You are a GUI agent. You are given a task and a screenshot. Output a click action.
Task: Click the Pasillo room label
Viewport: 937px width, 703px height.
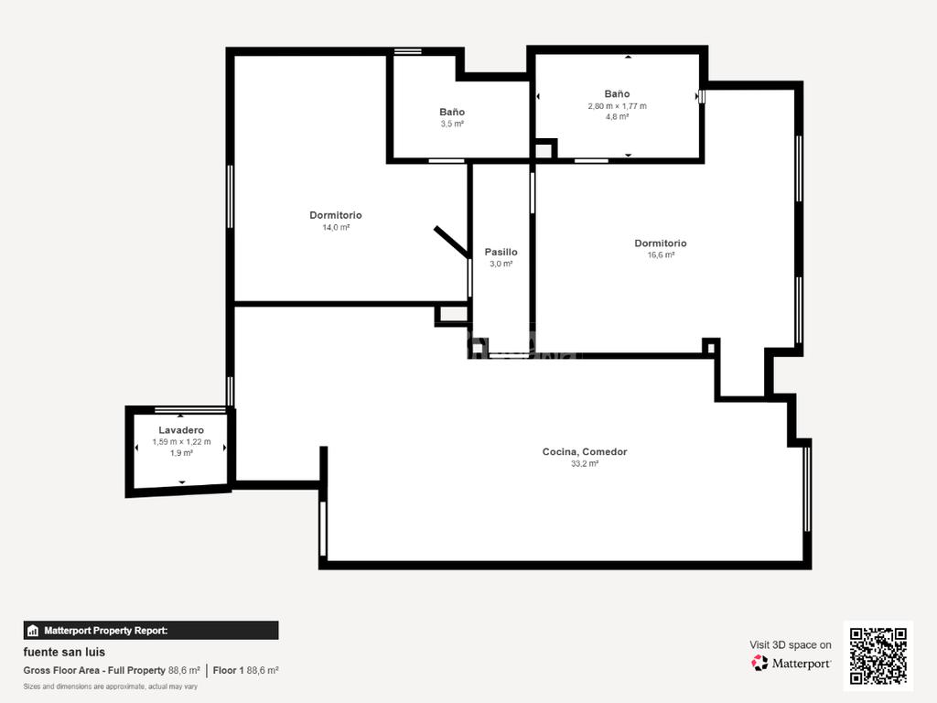pyautogui.click(x=501, y=253)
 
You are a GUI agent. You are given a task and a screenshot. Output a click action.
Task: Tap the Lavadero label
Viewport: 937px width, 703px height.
pyautogui.click(x=181, y=430)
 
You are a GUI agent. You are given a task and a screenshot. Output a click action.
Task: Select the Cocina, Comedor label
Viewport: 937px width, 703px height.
pyautogui.click(x=585, y=452)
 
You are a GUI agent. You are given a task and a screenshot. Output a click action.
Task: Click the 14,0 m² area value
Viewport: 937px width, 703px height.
pyautogui.click(x=336, y=227)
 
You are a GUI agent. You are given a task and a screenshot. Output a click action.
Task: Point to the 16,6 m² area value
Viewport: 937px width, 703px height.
pyautogui.click(x=661, y=254)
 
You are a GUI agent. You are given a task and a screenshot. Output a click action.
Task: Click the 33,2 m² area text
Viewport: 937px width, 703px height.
pyautogui.click(x=585, y=464)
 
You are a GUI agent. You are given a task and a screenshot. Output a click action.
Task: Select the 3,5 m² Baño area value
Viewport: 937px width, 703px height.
pyautogui.click(x=452, y=124)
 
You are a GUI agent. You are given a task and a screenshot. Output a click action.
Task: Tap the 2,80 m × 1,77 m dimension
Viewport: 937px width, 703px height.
pyautogui.click(x=617, y=106)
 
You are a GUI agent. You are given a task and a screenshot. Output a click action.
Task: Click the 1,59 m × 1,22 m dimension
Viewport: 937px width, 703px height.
pyautogui.click(x=181, y=442)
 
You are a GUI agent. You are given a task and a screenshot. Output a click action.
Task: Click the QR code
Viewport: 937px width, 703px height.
pyautogui.click(x=878, y=655)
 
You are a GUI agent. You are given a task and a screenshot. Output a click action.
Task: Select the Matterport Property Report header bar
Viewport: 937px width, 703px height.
pyautogui.click(x=151, y=630)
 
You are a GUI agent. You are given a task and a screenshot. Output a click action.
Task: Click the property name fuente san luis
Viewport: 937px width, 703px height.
pyautogui.click(x=64, y=652)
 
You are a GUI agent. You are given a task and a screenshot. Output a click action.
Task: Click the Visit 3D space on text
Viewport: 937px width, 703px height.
pyautogui.click(x=790, y=645)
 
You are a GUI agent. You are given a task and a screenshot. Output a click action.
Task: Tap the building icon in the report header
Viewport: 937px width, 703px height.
pyautogui.click(x=33, y=630)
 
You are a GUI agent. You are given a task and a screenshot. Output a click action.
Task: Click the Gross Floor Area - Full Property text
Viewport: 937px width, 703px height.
pyautogui.click(x=94, y=671)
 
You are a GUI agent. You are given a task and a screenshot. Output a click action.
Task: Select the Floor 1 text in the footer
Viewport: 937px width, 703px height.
pyautogui.click(x=228, y=671)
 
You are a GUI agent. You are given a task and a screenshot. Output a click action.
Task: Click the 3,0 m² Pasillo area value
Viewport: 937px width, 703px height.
pyautogui.click(x=501, y=264)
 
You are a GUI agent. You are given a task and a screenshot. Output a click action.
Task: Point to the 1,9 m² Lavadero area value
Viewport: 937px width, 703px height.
pyautogui.click(x=181, y=453)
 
